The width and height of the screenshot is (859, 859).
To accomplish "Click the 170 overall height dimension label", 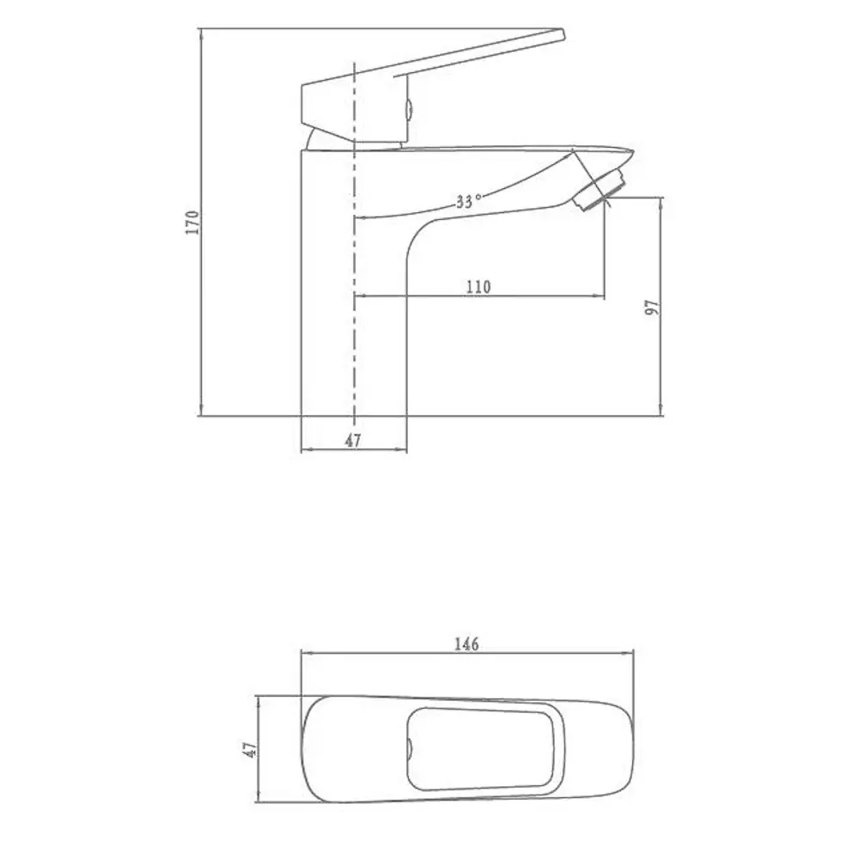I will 192,222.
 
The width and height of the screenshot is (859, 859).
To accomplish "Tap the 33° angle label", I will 468,203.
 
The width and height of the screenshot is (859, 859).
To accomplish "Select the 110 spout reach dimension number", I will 478,287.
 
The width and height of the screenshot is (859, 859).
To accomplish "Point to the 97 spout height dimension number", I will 652,308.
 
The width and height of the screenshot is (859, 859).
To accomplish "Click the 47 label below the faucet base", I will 353,440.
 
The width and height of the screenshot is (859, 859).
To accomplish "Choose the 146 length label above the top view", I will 467,643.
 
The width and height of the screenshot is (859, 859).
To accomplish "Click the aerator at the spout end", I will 601,189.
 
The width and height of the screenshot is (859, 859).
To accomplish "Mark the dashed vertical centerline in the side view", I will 354,258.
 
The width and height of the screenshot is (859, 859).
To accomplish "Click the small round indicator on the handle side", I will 410,110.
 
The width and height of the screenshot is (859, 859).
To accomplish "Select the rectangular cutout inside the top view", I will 481,748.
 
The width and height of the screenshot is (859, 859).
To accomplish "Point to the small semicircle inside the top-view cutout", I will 410,749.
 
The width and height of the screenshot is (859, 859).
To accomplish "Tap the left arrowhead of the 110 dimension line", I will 359,296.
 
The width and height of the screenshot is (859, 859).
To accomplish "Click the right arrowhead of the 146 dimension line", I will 631,653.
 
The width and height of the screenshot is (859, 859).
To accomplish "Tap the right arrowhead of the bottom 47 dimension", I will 402,449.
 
